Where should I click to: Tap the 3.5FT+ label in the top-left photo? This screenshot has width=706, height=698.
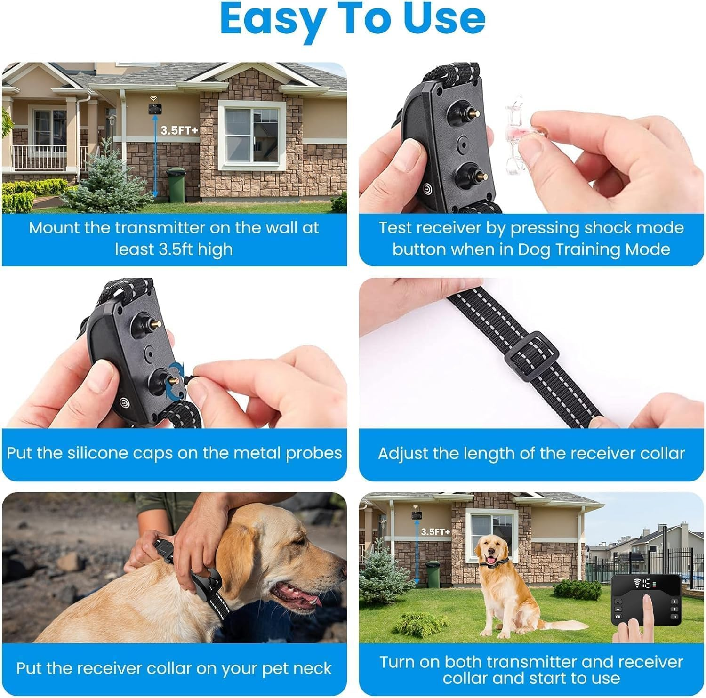tap(179, 130)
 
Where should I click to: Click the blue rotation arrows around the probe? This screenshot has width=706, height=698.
tap(175, 377)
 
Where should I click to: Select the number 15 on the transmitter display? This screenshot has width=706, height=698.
tap(648, 584)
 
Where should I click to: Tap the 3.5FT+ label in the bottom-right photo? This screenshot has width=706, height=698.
tap(435, 531)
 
